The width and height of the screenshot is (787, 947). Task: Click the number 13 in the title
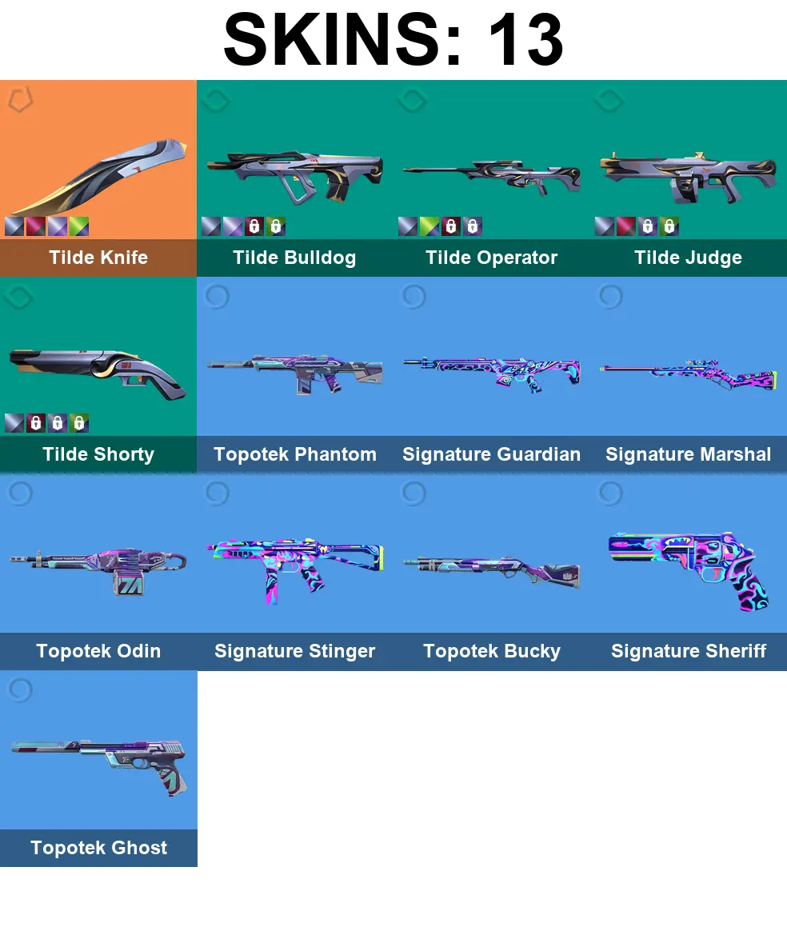(x=523, y=40)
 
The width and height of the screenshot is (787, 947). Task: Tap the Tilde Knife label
(x=98, y=258)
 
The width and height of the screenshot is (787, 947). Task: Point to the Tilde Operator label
(x=491, y=258)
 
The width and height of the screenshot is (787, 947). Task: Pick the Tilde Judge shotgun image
(x=688, y=172)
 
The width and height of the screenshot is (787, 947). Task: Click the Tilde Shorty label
(x=98, y=454)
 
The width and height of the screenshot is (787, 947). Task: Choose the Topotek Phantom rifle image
(x=294, y=371)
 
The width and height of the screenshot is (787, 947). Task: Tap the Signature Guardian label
(x=491, y=454)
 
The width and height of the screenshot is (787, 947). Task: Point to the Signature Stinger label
(x=294, y=651)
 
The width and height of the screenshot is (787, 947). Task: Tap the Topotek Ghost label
(x=98, y=848)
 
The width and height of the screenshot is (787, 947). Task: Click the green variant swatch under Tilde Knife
(x=78, y=226)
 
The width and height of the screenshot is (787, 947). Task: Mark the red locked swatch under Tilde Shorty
(x=35, y=423)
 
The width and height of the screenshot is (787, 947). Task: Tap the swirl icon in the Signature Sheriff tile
(x=609, y=493)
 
